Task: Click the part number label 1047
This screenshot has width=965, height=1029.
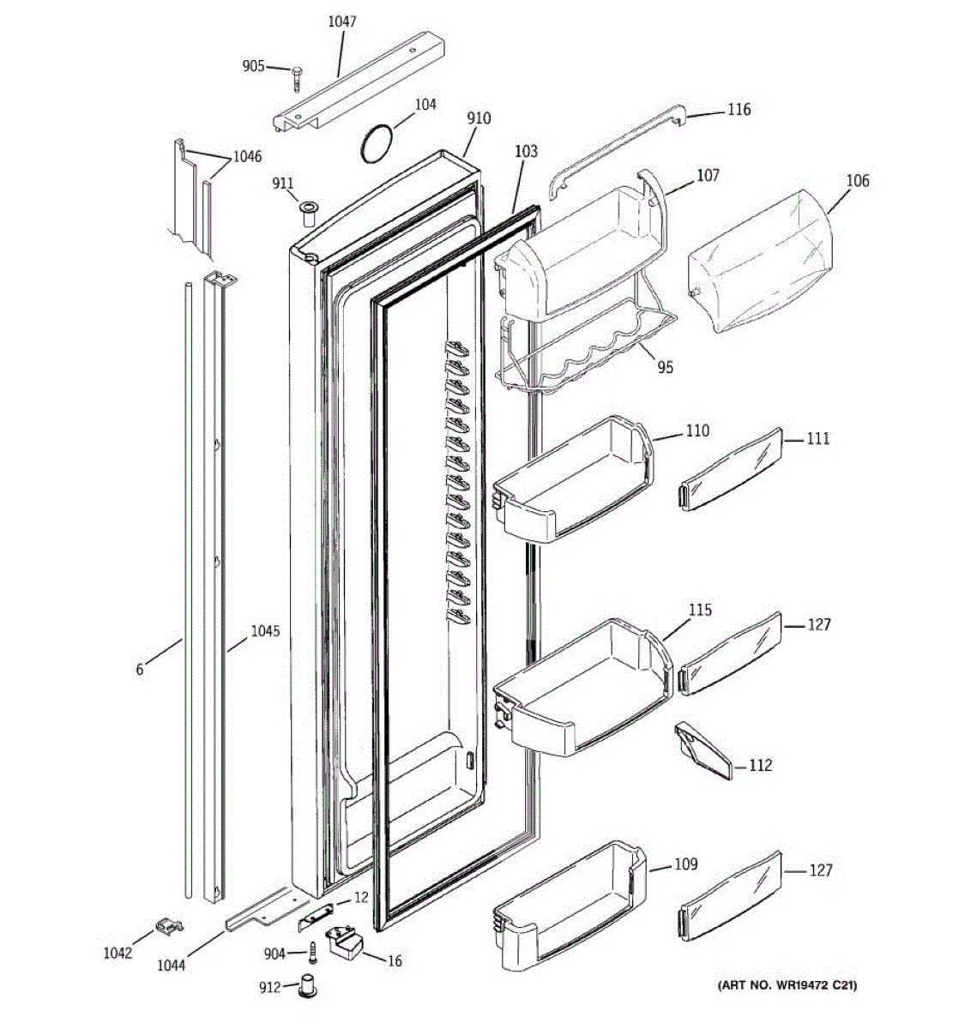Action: [x=342, y=21]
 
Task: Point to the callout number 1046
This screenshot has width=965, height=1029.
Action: [x=246, y=156]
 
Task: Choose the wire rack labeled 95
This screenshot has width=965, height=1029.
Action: [x=583, y=352]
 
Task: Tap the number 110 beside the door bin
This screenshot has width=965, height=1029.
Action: [x=697, y=430]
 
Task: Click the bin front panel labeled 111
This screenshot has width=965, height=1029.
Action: [x=731, y=470]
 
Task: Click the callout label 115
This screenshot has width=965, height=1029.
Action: [x=700, y=610]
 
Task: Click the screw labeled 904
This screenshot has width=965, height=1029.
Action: [x=312, y=953]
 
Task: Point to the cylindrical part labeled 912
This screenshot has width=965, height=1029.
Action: [x=306, y=986]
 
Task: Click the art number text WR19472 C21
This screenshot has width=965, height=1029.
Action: [x=787, y=986]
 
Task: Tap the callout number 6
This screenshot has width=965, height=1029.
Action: [x=140, y=669]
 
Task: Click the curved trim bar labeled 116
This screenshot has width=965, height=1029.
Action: [x=613, y=146]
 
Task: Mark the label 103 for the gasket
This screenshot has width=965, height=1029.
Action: [x=526, y=152]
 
